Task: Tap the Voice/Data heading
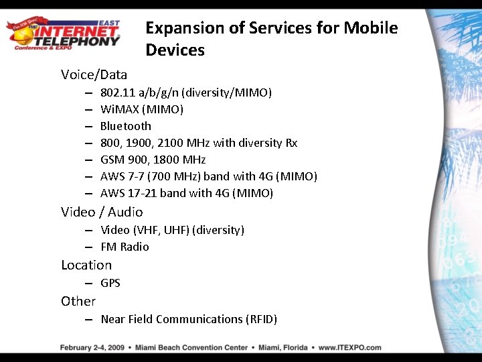click(94, 74)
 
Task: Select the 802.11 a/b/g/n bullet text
click(185, 93)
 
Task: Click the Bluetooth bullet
click(126, 126)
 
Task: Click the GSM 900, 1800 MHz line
click(153, 160)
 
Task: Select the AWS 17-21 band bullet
click(186, 193)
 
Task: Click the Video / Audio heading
click(102, 212)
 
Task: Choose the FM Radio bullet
click(125, 247)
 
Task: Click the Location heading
click(86, 265)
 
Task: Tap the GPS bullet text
click(110, 283)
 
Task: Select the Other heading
click(78, 301)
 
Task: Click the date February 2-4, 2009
click(92, 347)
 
